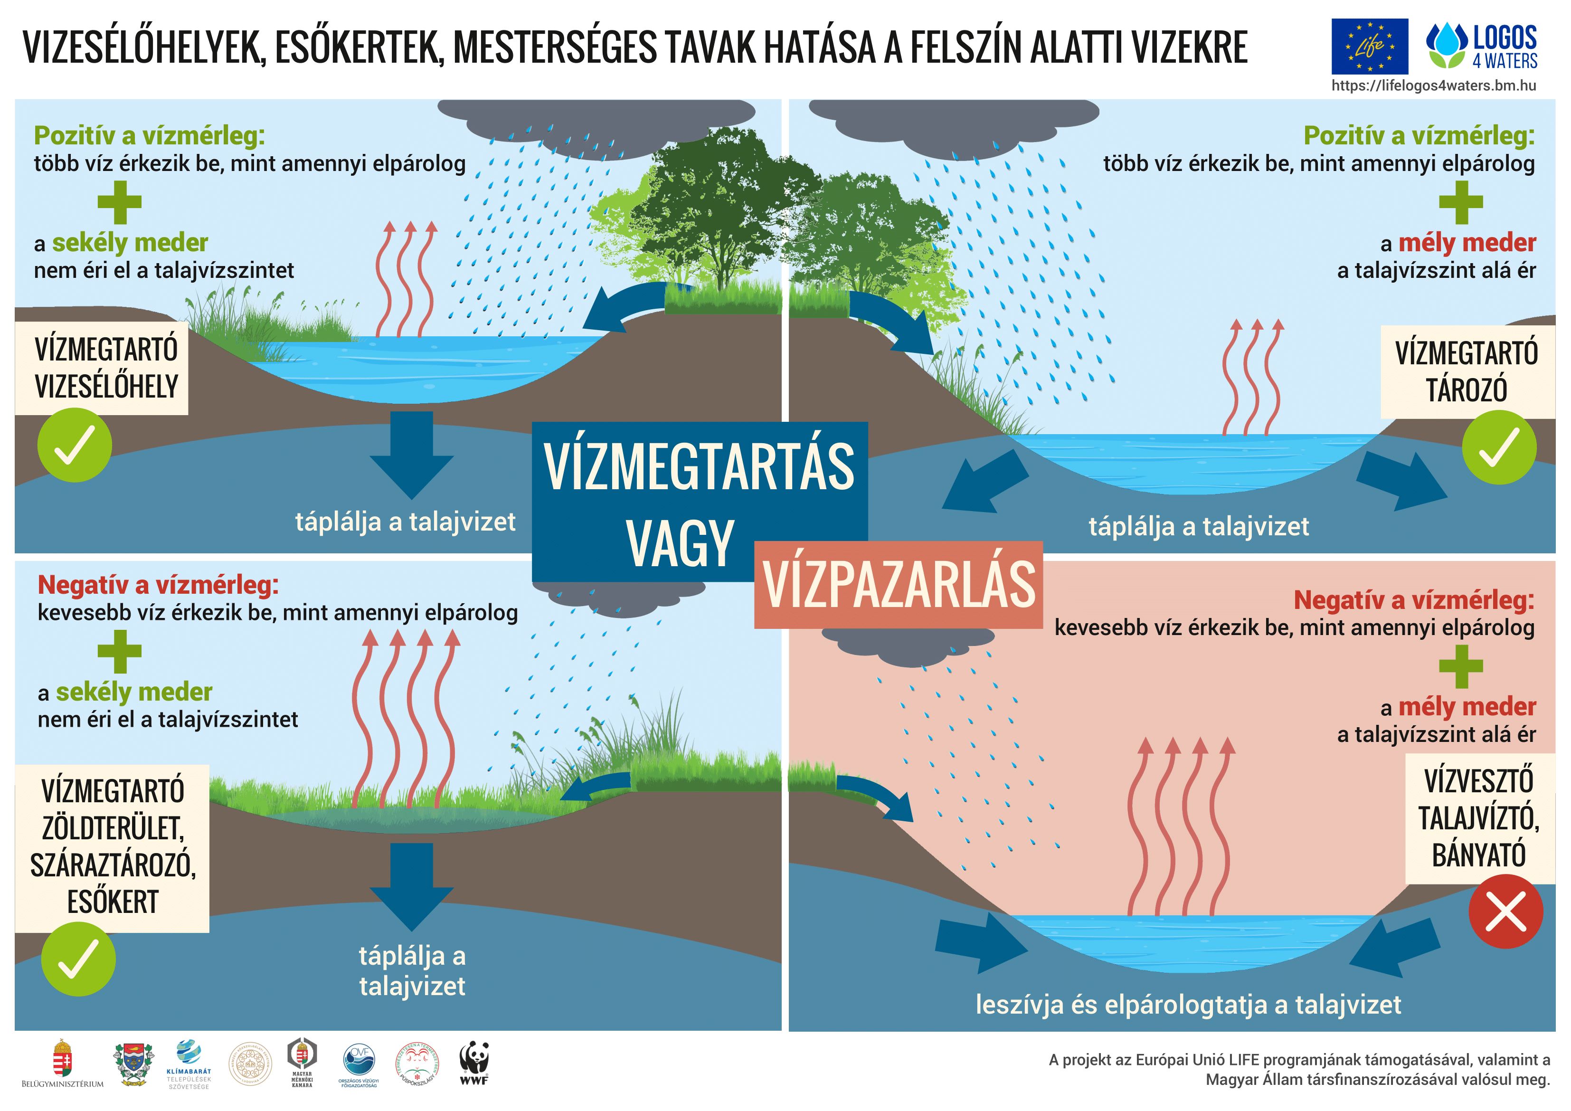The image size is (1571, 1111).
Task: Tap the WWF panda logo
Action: tap(473, 1062)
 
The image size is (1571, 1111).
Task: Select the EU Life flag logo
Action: tap(1369, 47)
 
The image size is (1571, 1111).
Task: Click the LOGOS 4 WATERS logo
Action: tap(1481, 47)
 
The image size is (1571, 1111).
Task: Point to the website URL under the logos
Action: tap(1433, 85)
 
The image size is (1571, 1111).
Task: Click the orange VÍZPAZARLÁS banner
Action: tap(899, 585)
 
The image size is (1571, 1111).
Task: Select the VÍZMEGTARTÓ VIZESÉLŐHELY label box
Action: tap(106, 368)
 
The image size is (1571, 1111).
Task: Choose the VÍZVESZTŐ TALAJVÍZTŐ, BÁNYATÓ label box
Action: tap(1478, 818)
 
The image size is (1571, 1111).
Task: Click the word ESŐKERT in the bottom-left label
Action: tap(113, 902)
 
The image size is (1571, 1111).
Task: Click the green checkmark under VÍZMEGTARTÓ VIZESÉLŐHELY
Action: tap(74, 445)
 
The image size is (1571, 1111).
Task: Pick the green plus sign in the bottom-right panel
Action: tap(1460, 665)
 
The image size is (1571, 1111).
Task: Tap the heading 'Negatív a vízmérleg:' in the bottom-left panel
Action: tap(158, 585)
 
